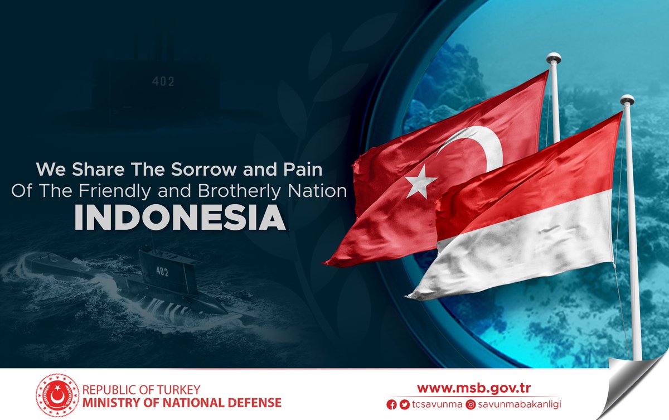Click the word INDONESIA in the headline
tap(180, 219)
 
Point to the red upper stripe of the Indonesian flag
tap(530, 173)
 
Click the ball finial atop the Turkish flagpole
tap(554, 57)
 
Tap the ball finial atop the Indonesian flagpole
tap(627, 100)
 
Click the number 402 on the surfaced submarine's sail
tap(162, 273)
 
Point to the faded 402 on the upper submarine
tap(163, 81)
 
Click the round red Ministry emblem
tap(57, 395)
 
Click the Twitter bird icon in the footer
tap(404, 404)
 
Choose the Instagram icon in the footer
tap(471, 404)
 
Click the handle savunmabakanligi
tap(514, 404)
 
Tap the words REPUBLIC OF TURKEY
tap(141, 389)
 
